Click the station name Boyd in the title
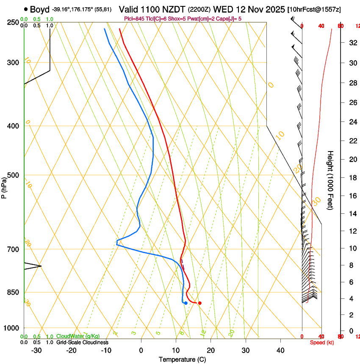pyautogui.click(x=39, y=9)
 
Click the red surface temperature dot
pyautogui.click(x=199, y=303)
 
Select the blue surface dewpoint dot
pyautogui.click(x=186, y=303)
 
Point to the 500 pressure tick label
pyautogui.click(x=13, y=175)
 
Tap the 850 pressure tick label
pyautogui.click(x=13, y=292)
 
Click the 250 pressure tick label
pyautogui.click(x=13, y=22)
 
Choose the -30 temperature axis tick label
pyautogui.click(x=36, y=350)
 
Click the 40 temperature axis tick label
pyautogui.click(x=280, y=350)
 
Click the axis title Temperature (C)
pyautogui.click(x=182, y=359)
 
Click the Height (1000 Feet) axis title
pyautogui.click(x=331, y=180)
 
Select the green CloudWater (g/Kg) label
pyautogui.click(x=78, y=336)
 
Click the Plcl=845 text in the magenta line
pyautogui.click(x=134, y=19)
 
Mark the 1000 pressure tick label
pyautogui.click(x=12, y=328)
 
